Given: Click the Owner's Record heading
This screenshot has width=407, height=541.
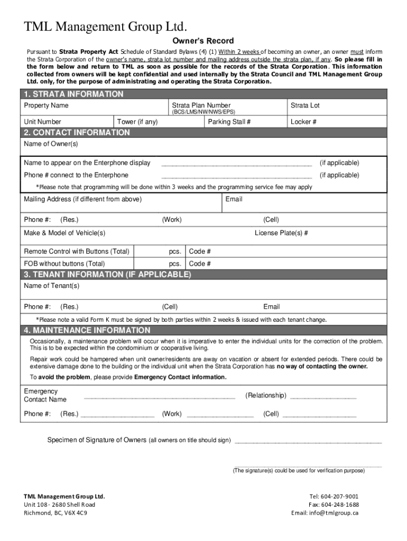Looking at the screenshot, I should pyautogui.click(x=203, y=41).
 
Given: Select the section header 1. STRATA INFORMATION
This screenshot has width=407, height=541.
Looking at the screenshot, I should pyautogui.click(x=74, y=94).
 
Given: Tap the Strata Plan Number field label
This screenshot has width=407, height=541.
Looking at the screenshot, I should pyautogui.click(x=201, y=106).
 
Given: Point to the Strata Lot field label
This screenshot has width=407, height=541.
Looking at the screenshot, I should pyautogui.click(x=305, y=106).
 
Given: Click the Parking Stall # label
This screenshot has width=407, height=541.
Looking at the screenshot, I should pyautogui.click(x=229, y=122).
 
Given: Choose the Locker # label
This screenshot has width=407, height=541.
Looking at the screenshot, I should pyautogui.click(x=303, y=122).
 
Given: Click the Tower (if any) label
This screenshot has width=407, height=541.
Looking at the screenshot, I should pyautogui.click(x=137, y=122).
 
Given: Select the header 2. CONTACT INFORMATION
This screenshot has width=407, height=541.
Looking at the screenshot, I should pyautogui.click(x=77, y=133).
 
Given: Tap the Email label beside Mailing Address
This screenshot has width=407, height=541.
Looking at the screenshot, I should pyautogui.click(x=234, y=199).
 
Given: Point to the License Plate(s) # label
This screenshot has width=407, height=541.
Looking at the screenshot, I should pyautogui.click(x=281, y=233).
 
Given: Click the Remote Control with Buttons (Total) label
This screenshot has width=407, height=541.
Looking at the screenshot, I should pyautogui.click(x=77, y=251).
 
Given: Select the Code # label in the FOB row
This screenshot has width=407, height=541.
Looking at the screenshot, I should pyautogui.click(x=200, y=264).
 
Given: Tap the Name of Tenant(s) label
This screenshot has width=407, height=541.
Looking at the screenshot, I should pyautogui.click(x=52, y=286).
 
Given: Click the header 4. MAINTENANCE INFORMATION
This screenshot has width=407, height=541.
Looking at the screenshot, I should pyautogui.click(x=87, y=330).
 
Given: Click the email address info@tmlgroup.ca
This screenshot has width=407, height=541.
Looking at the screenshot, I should pyautogui.click(x=325, y=513).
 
